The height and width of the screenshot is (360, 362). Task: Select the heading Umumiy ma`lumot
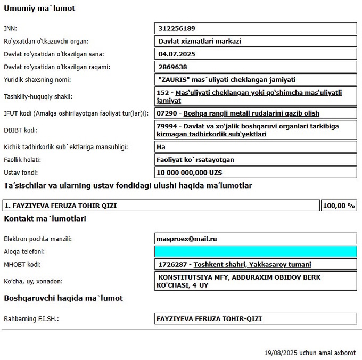tap(39, 9)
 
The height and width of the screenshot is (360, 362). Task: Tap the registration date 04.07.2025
tap(177, 54)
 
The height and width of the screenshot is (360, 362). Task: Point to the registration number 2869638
tap(172, 67)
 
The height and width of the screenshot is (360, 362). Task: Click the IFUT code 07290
tap(167, 113)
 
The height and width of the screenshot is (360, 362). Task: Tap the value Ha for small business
tap(161, 146)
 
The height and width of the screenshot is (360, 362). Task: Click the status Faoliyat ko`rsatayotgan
tap(195, 160)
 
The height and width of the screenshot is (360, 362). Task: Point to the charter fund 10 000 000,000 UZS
tap(189, 173)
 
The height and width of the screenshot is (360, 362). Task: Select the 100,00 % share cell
tap(339, 205)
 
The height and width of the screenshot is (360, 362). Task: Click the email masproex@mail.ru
tap(187, 239)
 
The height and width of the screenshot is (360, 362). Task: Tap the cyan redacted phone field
tap(256, 251)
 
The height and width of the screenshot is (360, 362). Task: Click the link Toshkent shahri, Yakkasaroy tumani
tap(252, 264)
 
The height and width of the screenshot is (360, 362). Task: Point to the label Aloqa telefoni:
tap(24, 251)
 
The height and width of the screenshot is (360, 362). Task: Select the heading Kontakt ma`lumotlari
tap(45, 218)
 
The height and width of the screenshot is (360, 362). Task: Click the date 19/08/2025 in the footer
tap(281, 353)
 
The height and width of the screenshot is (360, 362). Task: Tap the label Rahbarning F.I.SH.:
tap(31, 318)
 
